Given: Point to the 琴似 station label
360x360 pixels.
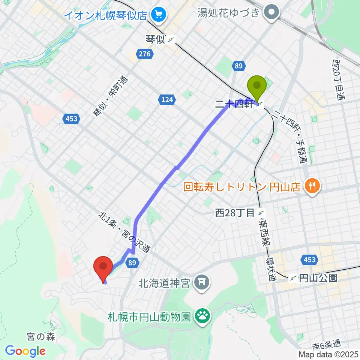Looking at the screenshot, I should click(x=155, y=39).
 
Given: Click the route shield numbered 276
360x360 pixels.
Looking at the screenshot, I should click(x=144, y=54).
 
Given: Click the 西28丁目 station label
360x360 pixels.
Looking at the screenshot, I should click(x=235, y=213).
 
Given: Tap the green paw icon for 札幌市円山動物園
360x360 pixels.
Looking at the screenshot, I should click(x=203, y=318).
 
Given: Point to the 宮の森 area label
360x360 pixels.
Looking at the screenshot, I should click(x=42, y=337).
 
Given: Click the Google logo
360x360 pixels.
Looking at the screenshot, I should click(x=25, y=351).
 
